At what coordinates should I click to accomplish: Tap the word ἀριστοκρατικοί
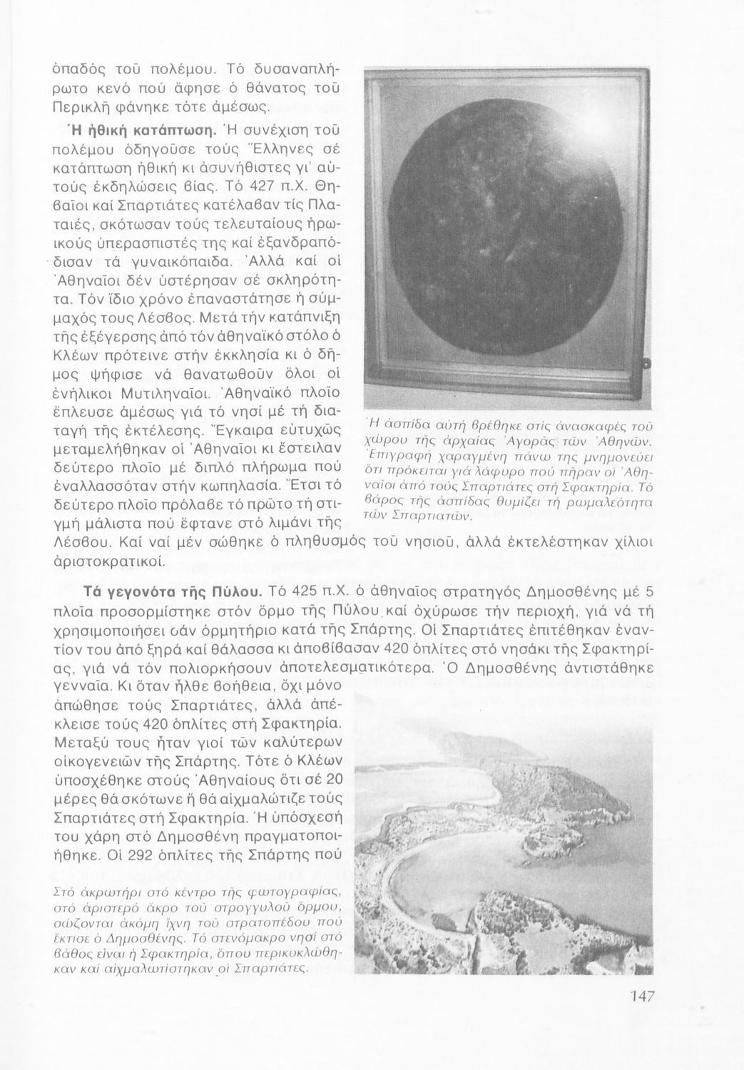(109, 561)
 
